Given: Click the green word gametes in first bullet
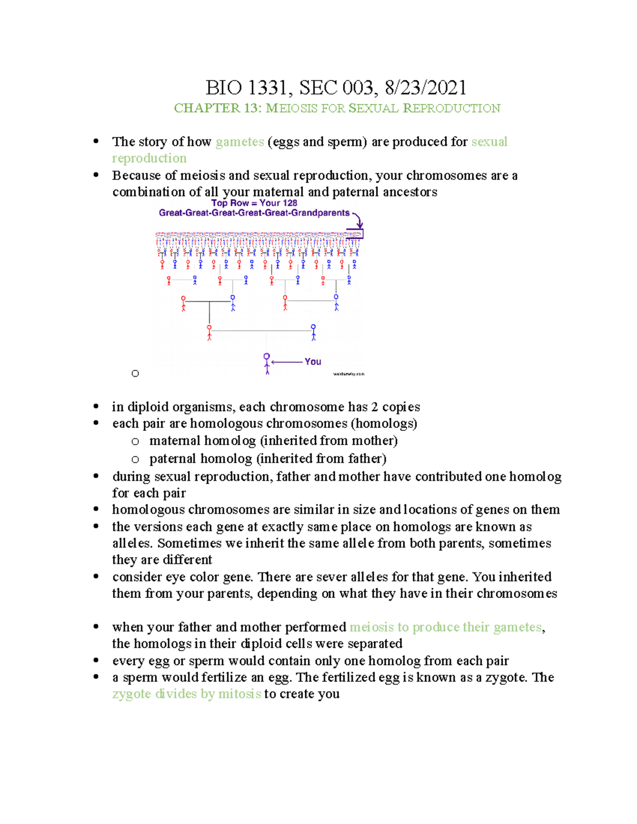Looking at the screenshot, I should (x=240, y=142).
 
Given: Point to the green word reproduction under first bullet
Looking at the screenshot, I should (x=149, y=158).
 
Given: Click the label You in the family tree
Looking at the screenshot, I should (x=313, y=361).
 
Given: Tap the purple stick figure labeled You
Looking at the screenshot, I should (x=267, y=363).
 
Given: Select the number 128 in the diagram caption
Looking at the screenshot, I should (x=290, y=203).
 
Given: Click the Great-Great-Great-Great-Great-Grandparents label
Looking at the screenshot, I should (x=254, y=213).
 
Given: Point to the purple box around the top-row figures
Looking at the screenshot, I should (x=355, y=234).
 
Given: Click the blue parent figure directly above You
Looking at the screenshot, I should (x=313, y=332).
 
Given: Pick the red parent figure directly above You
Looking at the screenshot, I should (x=209, y=333).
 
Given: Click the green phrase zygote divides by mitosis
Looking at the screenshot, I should (x=186, y=694).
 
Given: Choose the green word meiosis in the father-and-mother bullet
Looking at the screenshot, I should (x=372, y=627).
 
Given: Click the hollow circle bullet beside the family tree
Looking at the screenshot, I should (x=135, y=374).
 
